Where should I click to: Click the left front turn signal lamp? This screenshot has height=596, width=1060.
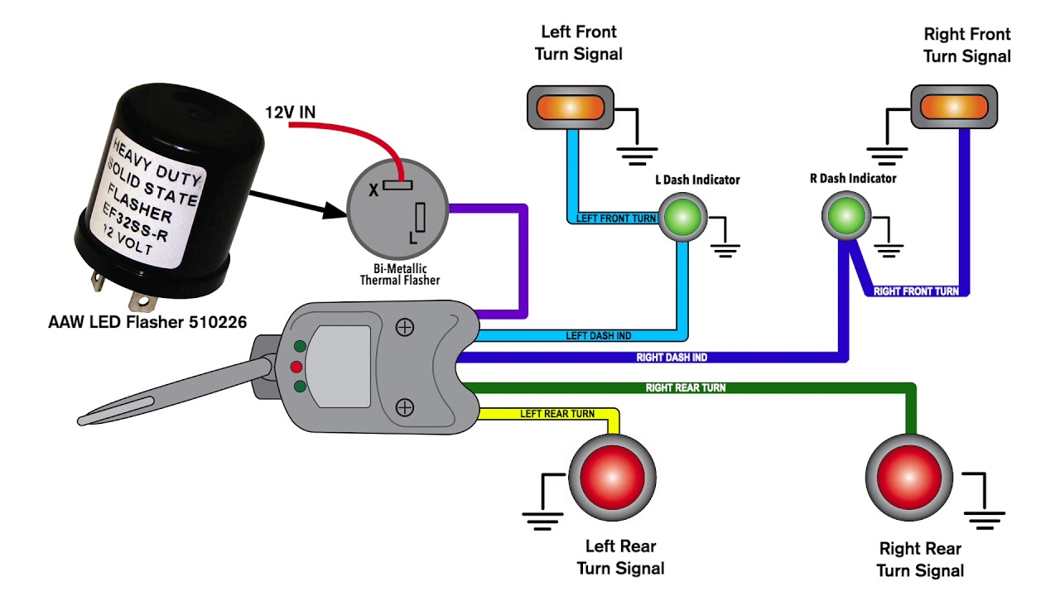pos(570,108)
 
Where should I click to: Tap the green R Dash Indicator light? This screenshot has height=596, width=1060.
pos(846,215)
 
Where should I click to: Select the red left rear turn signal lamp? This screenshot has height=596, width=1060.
pos(612,479)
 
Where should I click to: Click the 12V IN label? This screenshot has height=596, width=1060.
pos(289,112)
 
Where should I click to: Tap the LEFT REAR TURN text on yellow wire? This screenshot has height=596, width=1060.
pos(556,413)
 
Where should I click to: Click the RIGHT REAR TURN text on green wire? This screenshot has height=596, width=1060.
pos(686,387)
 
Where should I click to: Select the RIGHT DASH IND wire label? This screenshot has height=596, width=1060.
pos(672,358)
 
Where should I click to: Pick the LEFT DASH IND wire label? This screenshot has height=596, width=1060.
pos(598,335)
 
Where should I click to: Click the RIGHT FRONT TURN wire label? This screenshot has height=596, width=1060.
pos(916,291)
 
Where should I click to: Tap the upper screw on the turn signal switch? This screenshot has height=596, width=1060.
pos(404,328)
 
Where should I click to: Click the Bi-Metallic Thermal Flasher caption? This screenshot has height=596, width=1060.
pos(400,275)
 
